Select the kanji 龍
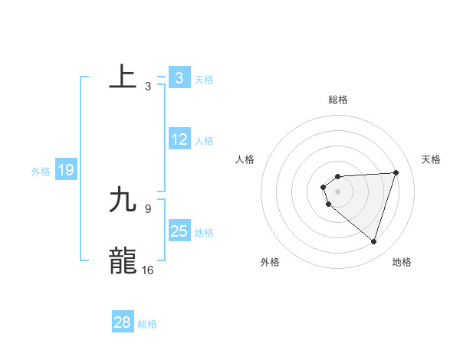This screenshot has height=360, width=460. (x=123, y=260)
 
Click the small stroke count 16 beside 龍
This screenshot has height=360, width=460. (x=148, y=270)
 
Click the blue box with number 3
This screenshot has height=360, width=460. (x=179, y=78)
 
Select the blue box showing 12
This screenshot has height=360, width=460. (x=179, y=140)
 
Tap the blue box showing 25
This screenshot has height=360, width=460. (x=179, y=231)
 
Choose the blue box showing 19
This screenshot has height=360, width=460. (x=66, y=171)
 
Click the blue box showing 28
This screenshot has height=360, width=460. (x=122, y=322)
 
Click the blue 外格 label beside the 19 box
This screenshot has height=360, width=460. (x=41, y=172)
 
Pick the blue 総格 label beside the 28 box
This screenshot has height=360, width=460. (x=147, y=324)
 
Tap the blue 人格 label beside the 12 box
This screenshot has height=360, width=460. (x=204, y=141)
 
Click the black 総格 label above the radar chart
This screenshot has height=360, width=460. (x=338, y=100)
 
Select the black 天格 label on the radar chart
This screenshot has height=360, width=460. (x=431, y=159)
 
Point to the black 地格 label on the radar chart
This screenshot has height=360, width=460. (x=402, y=262)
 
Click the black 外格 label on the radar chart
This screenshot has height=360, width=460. (x=270, y=262)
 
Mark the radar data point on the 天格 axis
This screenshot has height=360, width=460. (x=396, y=172)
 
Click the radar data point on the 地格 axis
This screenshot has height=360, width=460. (x=374, y=242)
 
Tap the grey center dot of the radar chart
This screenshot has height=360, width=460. (x=338, y=191)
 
